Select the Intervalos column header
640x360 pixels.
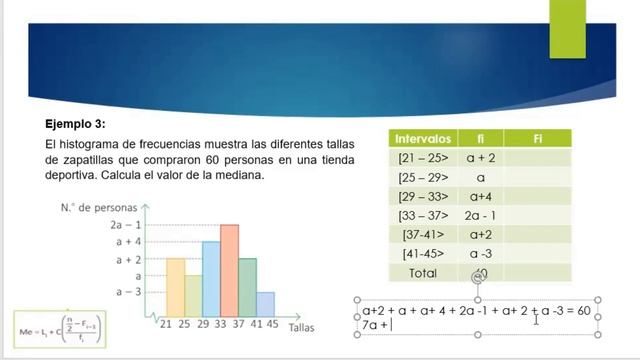[x=425, y=138]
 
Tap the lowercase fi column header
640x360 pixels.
[x=480, y=138]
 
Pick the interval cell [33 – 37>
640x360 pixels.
[x=425, y=214]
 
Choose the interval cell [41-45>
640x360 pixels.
[x=425, y=252]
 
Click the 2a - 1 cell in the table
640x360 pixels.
[x=480, y=214]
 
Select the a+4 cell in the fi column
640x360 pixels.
[x=480, y=195]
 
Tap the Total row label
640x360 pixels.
[x=425, y=271]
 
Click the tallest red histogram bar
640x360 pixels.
[x=229, y=270]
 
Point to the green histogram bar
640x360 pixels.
[x=247, y=287]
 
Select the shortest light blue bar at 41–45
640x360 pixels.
[x=265, y=304]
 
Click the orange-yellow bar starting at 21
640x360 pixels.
[x=175, y=287]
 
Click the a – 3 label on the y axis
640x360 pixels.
[x=126, y=292]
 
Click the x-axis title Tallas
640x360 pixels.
[x=305, y=326]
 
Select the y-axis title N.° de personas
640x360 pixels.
[x=98, y=207]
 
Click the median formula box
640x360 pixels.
[x=60, y=327]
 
